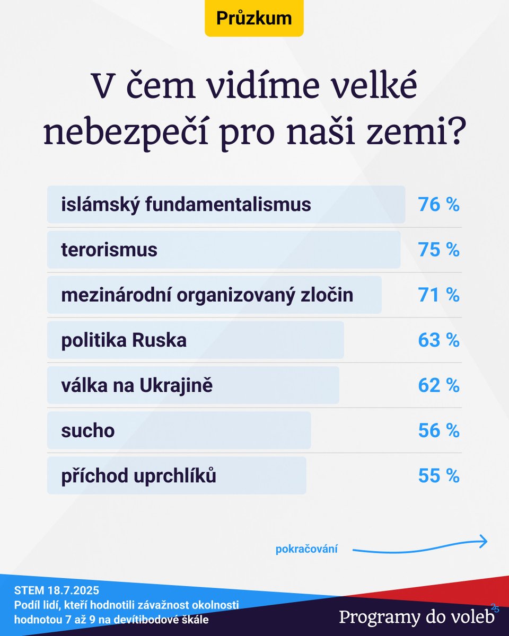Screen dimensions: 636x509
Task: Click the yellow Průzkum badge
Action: coord(254,18)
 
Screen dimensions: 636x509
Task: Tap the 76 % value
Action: coord(438,205)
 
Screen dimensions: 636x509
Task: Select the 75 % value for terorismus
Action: coord(438,250)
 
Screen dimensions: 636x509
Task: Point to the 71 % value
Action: coord(438,295)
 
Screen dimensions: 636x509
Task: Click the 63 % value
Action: coord(438,340)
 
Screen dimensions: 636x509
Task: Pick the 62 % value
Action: coord(438,385)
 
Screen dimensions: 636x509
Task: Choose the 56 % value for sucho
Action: coord(438,431)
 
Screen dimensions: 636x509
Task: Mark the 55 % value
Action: coord(438,476)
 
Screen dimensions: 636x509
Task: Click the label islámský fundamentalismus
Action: coord(186,205)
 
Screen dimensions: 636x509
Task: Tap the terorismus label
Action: coord(109,250)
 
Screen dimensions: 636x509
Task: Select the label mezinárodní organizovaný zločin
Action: coord(207,295)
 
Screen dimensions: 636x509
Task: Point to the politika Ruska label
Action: coord(124,340)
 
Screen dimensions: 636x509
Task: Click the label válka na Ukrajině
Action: coord(137,385)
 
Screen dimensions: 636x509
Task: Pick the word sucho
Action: coord(87,431)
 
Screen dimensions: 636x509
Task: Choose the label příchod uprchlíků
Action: coord(139,476)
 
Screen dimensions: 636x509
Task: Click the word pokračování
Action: coord(306,550)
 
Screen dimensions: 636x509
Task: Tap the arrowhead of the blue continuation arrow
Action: coord(483,541)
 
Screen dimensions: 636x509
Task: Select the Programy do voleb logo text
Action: coord(417,617)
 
